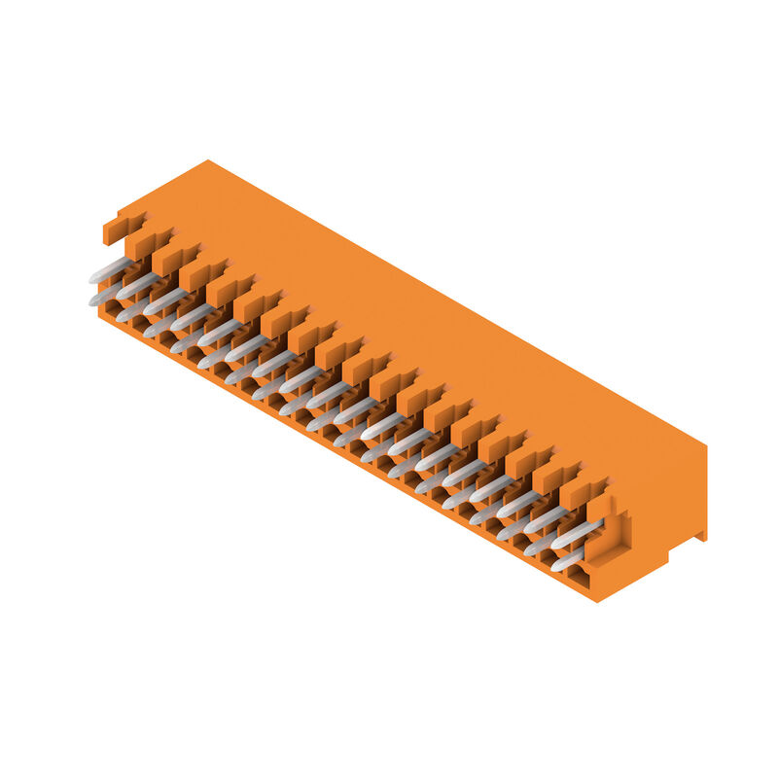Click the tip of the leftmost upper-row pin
click(94, 278)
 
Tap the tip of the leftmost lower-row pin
click(94, 301)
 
